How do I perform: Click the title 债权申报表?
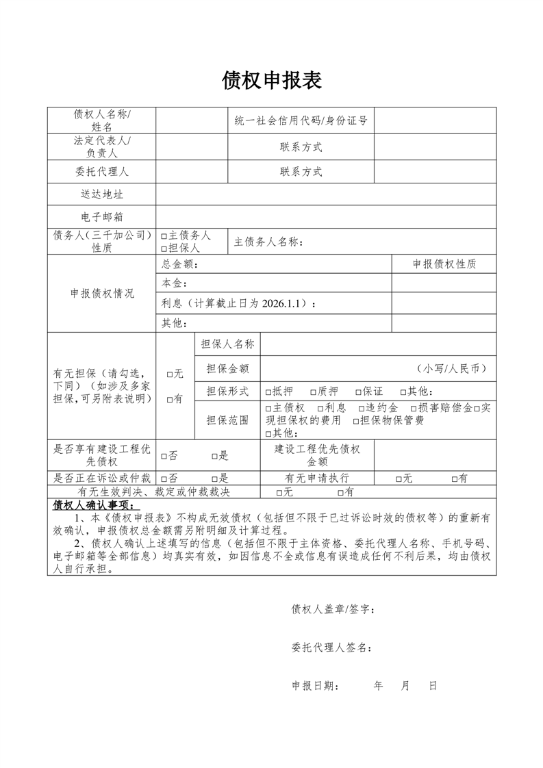[x=272, y=81]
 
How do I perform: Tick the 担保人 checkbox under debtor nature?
[x=164, y=248]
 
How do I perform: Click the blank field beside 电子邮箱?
[x=326, y=217]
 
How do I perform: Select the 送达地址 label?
[x=101, y=194]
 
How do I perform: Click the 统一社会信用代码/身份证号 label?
[x=301, y=121]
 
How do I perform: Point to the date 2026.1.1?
[x=282, y=303]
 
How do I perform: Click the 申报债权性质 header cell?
[x=444, y=264]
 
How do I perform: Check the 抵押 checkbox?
[x=268, y=392]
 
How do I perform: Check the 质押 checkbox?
[x=314, y=392]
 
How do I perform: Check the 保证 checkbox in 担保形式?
[x=358, y=392]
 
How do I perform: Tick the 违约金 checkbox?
[x=362, y=409]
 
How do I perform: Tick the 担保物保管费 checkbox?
[x=357, y=421]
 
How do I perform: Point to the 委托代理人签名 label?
[x=332, y=647]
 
